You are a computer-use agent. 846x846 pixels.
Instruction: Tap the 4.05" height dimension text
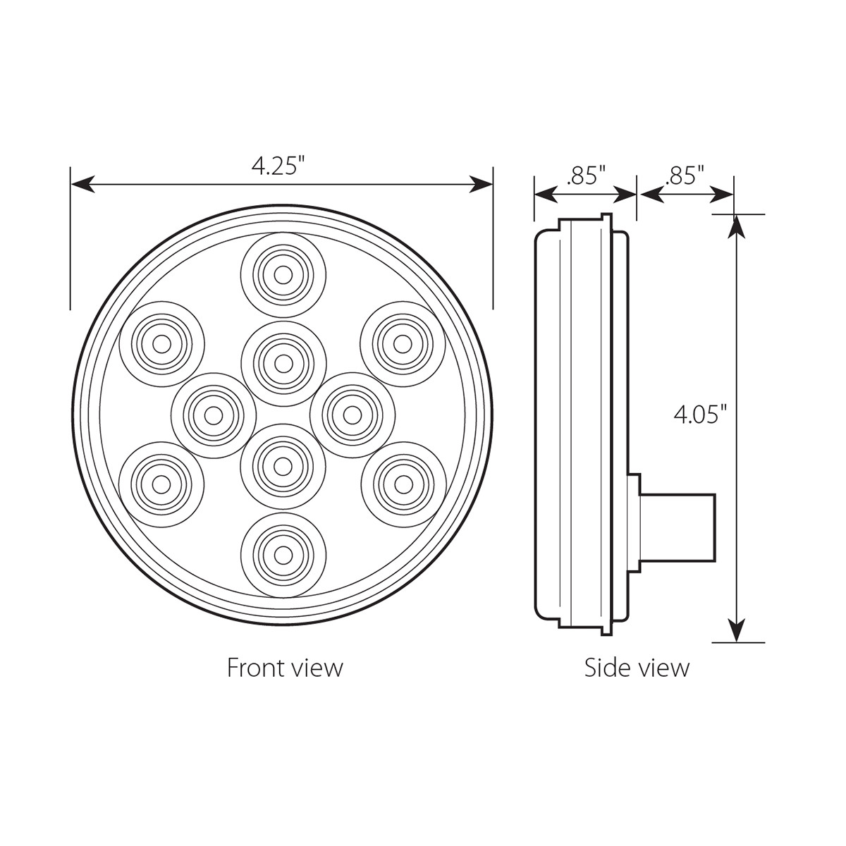click(699, 415)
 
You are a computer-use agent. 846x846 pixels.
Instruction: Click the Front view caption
click(284, 667)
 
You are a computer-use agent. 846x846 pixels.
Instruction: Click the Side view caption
click(637, 667)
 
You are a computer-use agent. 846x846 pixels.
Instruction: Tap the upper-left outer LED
click(161, 343)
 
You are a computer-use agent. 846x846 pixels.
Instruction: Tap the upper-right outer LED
click(403, 343)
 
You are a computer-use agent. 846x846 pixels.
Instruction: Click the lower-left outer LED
click(161, 484)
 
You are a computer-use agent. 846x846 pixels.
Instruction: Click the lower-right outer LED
click(403, 484)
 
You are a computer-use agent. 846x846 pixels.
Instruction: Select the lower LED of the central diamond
click(283, 465)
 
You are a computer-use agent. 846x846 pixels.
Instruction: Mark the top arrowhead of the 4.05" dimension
click(736, 226)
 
